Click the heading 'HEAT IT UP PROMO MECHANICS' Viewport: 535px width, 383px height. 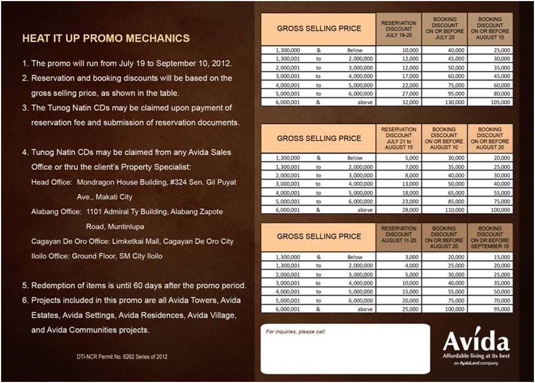click(106, 39)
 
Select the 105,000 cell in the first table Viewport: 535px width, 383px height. click(490, 102)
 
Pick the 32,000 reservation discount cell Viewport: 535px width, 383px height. click(398, 102)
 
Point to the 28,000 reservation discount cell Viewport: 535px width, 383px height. click(398, 210)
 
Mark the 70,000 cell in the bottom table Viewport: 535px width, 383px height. click(490, 300)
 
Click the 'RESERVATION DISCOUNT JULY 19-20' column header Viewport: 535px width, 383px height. click(398, 28)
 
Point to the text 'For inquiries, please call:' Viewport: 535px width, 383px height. click(296, 331)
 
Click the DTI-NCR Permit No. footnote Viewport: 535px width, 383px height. click(122, 357)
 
